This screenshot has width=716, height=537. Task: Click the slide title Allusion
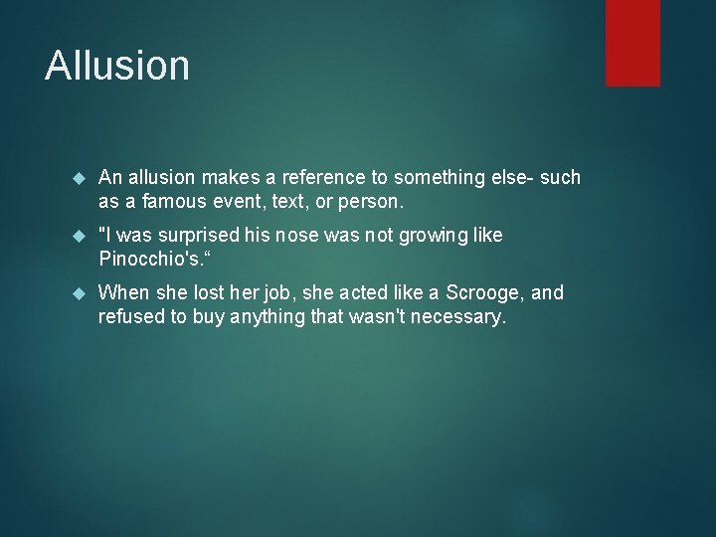[x=117, y=66]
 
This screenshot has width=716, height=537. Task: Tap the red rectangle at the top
[x=632, y=42]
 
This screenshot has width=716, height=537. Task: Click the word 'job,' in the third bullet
[x=265, y=293]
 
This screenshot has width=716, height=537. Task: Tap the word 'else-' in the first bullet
[x=508, y=177]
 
